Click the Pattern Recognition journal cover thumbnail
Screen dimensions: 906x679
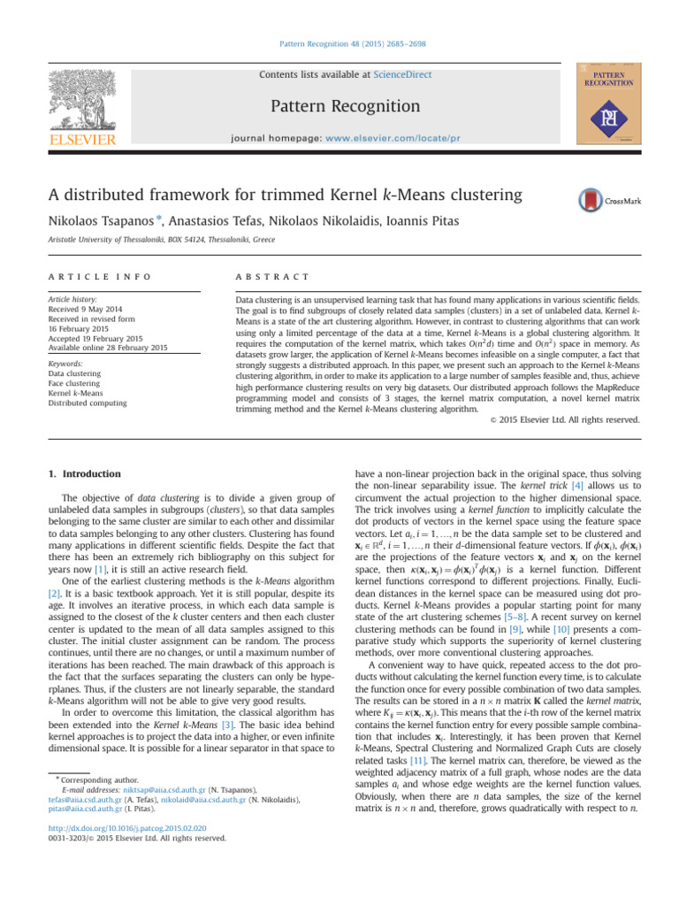tap(606, 103)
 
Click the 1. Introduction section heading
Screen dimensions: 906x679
tap(80, 474)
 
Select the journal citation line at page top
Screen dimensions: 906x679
tap(339, 42)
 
